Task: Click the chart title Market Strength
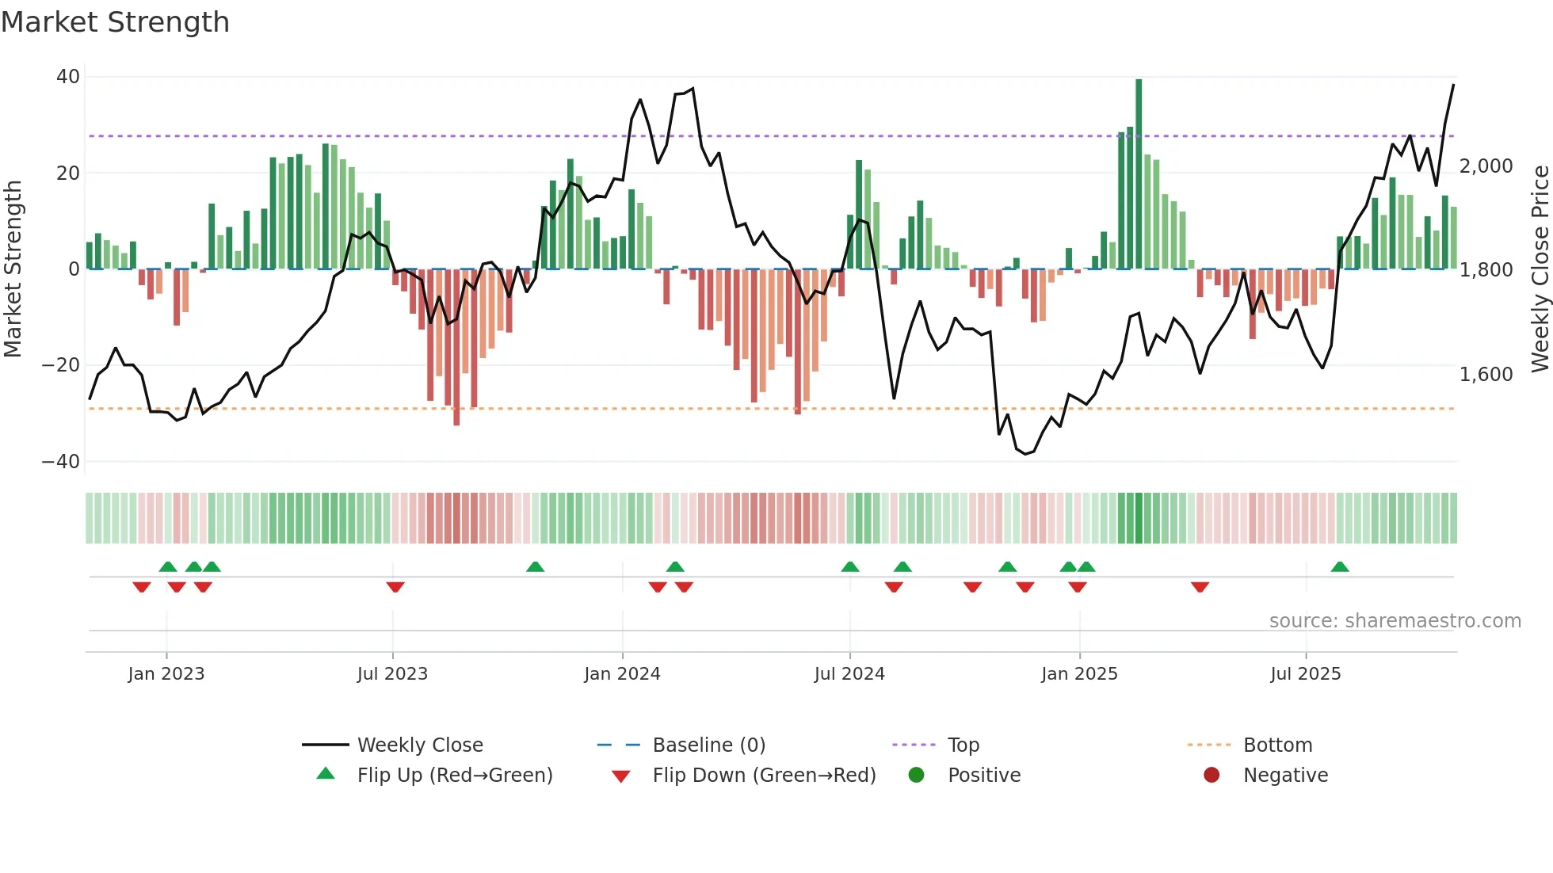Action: coord(115,22)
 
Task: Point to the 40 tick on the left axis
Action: coord(68,77)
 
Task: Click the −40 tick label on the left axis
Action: coord(61,461)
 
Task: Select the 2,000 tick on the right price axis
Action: coord(1486,166)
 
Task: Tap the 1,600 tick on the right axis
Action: coord(1486,374)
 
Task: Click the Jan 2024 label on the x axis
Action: coord(622,674)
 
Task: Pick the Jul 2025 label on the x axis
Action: coord(1305,674)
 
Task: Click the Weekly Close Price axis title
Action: coord(1540,269)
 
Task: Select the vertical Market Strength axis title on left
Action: coord(13,269)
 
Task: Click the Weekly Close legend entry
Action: coord(419,745)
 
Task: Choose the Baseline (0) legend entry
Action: coord(708,745)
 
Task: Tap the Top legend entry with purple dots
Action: coord(963,745)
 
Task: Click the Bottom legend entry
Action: coord(1277,745)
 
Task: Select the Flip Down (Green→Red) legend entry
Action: coord(764,776)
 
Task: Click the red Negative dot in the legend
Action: coord(1211,776)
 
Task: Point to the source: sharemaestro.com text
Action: coord(1395,621)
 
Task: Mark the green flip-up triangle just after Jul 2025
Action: coord(1340,567)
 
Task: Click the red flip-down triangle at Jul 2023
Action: coord(395,587)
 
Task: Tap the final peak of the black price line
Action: coord(1453,86)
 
